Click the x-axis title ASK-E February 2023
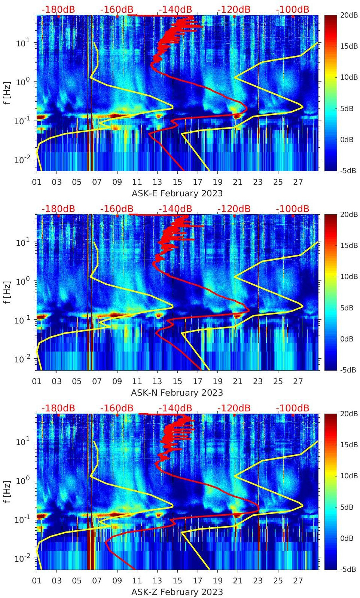click(177, 193)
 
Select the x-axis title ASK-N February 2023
click(177, 393)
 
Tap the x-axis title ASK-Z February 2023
click(177, 592)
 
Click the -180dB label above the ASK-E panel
click(58, 9)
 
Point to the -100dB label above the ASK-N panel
click(293, 209)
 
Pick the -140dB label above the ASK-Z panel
click(175, 408)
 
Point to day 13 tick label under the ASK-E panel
click(157, 182)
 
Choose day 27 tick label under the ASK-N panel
click(298, 381)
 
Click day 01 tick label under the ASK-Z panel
click(37, 581)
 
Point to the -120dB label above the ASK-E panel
click(234, 9)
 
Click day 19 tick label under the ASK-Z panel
click(217, 581)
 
